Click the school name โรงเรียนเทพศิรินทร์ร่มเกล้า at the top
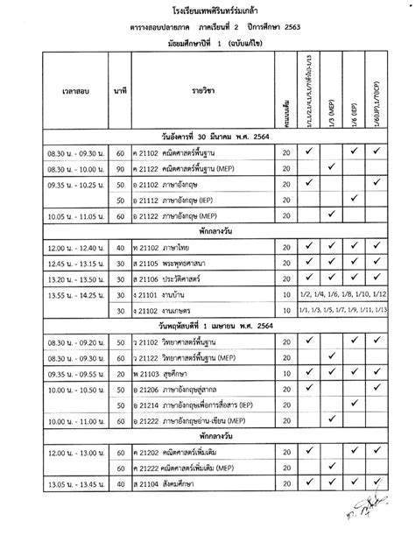207,11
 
